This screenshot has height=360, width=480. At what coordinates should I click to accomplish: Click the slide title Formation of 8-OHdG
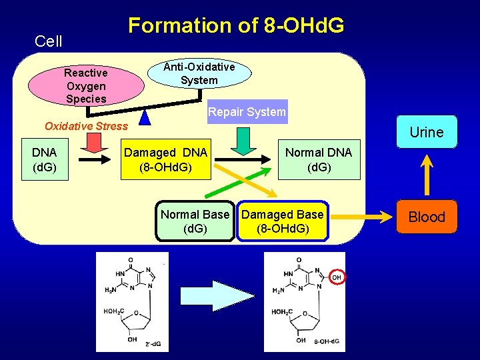click(x=236, y=25)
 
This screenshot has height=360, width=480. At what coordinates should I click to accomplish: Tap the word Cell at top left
click(x=48, y=41)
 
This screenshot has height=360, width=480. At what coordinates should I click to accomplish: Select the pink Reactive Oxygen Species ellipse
click(x=86, y=85)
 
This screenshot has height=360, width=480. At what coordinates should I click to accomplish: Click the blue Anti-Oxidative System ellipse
click(x=199, y=73)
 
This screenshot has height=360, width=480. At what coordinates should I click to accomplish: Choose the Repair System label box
click(x=247, y=112)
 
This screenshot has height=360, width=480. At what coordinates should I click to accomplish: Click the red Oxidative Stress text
click(x=85, y=126)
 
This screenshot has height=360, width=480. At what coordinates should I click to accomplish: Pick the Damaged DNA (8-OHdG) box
click(x=166, y=159)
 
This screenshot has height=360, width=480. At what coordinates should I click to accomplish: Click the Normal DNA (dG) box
click(x=318, y=159)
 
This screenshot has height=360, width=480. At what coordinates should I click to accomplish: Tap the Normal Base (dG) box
click(x=195, y=221)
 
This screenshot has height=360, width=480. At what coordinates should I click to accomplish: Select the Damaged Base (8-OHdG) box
click(x=282, y=221)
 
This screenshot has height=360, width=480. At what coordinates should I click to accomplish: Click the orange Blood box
click(x=427, y=217)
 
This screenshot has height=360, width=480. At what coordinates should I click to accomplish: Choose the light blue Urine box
click(x=427, y=132)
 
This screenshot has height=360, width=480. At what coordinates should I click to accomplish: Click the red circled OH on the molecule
click(x=337, y=277)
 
